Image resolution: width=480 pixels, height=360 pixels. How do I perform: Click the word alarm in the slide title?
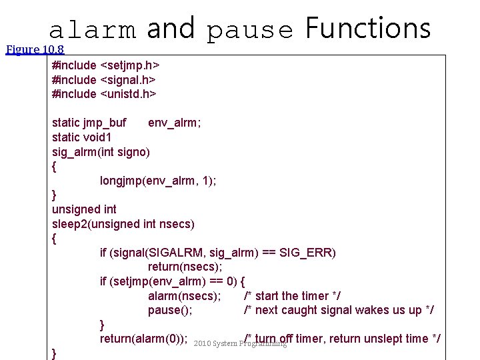tap(93, 29)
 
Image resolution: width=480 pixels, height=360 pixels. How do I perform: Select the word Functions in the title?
tap(367, 28)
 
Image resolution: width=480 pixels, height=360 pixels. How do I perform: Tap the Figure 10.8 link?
tap(34, 49)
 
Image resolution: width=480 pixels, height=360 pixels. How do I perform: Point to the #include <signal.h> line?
tap(104, 80)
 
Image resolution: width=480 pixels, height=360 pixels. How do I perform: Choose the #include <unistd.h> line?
tap(104, 94)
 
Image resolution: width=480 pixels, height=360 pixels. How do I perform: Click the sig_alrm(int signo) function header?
tap(101, 152)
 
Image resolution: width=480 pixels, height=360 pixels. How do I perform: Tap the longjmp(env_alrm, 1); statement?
tap(158, 181)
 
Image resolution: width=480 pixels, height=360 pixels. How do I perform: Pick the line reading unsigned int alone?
tap(84, 209)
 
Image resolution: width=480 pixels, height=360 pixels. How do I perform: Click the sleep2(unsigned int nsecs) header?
tap(123, 224)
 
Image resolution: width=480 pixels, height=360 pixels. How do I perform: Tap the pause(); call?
tap(170, 310)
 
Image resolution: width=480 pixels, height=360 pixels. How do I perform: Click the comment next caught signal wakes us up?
tap(339, 310)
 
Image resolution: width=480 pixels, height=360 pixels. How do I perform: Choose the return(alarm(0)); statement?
tap(143, 339)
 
